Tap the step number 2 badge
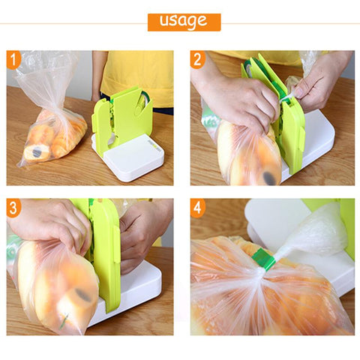tap(199, 60)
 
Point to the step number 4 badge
tap(199, 208)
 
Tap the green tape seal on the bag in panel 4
tap(263, 259)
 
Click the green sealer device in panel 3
tap(105, 255)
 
